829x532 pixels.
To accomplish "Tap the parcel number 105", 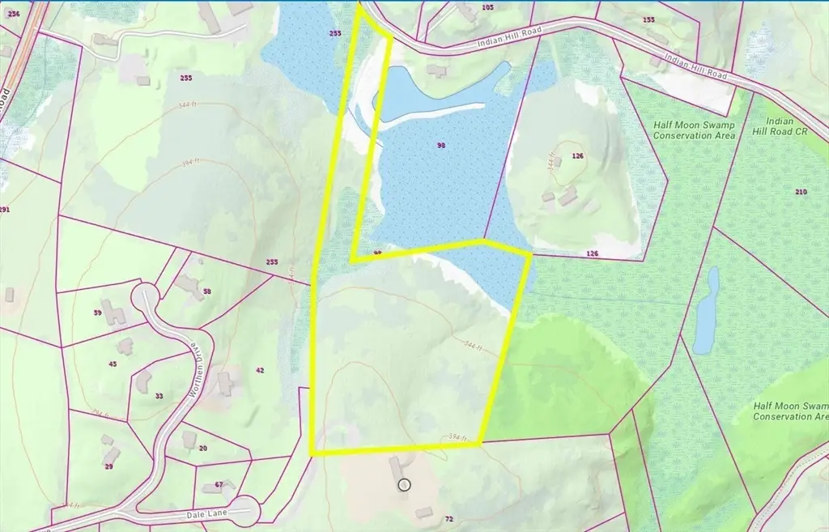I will tap(487, 7).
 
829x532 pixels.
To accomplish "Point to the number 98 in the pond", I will tap(441, 146).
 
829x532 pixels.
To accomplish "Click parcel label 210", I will tap(801, 192).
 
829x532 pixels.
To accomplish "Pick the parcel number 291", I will tap(5, 210).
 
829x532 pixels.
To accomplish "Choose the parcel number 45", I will tap(113, 364).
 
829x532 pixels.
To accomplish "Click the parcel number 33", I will tap(159, 396).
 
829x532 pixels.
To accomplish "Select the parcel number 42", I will tap(260, 370).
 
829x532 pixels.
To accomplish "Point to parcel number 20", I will tap(202, 448).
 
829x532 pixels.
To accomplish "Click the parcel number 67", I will tap(219, 485).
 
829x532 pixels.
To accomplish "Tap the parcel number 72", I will tap(447, 517).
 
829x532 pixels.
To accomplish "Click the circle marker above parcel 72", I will tap(405, 485).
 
